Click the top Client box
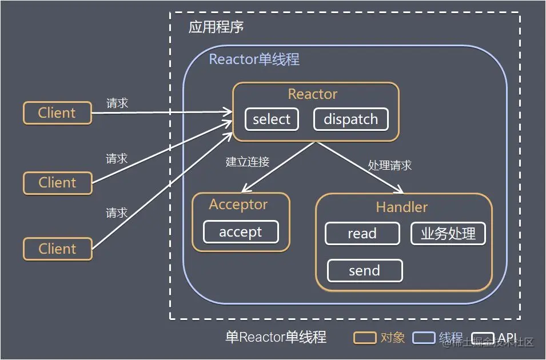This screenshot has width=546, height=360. [57, 113]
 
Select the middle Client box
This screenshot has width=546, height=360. [57, 183]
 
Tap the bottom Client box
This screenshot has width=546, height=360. [57, 249]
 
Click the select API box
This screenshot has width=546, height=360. [272, 119]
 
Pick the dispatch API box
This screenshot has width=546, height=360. [350, 119]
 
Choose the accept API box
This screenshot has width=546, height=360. [241, 232]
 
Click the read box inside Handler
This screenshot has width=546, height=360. [362, 233]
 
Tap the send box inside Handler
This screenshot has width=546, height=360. [364, 270]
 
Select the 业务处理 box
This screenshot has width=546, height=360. [448, 233]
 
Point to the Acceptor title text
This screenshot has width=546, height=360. [238, 205]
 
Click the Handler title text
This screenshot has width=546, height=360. [401, 207]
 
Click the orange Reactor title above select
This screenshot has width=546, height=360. [313, 94]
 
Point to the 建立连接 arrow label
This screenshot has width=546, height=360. [247, 162]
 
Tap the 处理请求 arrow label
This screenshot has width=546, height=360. [389, 166]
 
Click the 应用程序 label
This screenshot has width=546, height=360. [217, 28]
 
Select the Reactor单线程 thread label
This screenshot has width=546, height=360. [254, 59]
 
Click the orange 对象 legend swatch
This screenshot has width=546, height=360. [364, 338]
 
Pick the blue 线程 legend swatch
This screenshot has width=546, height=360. [424, 338]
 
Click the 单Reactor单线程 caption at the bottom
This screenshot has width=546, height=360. [276, 338]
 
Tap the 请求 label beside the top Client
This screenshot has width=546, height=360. [117, 103]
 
